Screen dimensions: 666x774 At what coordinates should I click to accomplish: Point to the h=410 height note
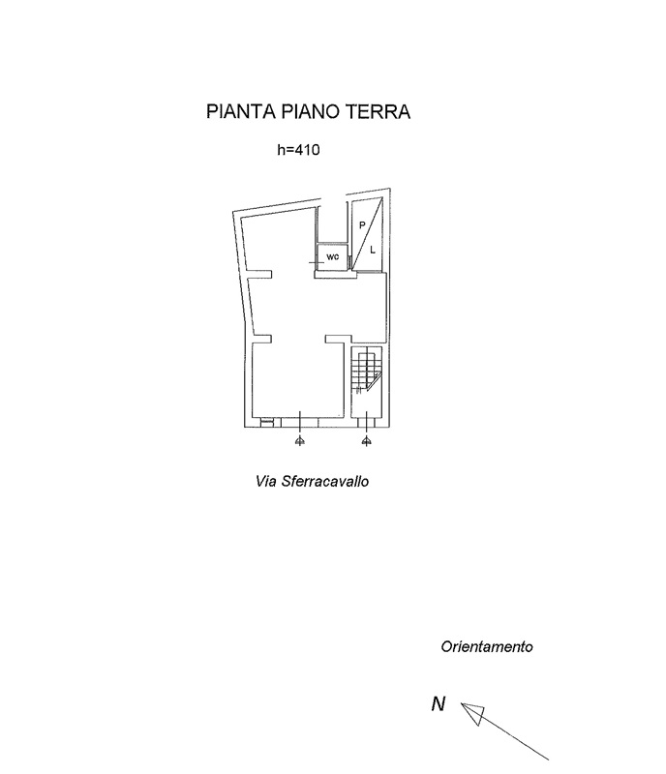coord(298,151)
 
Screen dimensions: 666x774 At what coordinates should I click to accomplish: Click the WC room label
coord(332,257)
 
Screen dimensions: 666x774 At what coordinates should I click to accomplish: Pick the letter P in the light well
coord(362,224)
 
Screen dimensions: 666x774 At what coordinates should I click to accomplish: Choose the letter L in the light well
coord(373,249)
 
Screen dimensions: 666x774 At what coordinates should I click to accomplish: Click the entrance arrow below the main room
coord(300,441)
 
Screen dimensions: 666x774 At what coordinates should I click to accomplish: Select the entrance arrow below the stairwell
coord(366,441)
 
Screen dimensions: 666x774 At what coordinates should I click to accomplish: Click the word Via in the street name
coord(264,480)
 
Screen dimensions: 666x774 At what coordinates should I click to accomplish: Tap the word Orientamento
coord(487,646)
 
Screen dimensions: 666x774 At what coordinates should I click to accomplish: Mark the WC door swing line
coord(316,262)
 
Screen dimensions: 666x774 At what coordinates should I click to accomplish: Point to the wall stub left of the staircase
coord(337,339)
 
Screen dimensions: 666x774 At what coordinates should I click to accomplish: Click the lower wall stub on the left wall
coord(261,339)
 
